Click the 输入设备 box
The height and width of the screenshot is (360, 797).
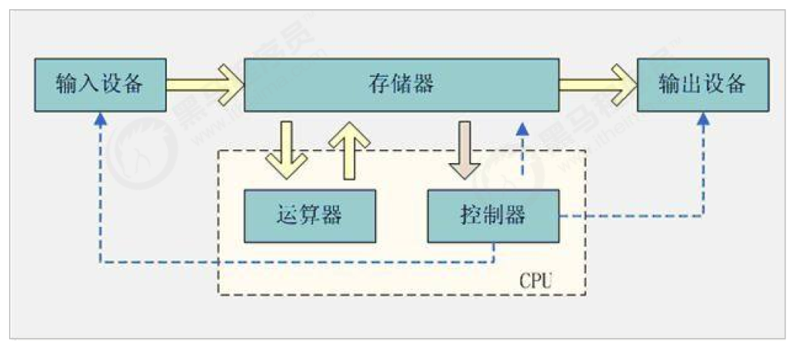pos(100,83)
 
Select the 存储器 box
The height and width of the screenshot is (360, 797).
pos(402,83)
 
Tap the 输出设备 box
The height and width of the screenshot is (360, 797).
pos(703,83)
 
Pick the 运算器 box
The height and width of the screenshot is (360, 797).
pos(309,216)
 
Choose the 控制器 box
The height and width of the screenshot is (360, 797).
pos(493,216)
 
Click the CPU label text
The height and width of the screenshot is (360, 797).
pos(537,282)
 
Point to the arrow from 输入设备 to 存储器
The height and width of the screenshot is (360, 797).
pos(204,83)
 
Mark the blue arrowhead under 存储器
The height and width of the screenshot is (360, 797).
pos(522,128)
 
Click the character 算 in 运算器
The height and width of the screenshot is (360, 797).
pos(309,216)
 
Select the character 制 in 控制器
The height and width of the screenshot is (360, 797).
pos(493,216)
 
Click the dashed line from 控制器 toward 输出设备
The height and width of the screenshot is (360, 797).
pos(634,216)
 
